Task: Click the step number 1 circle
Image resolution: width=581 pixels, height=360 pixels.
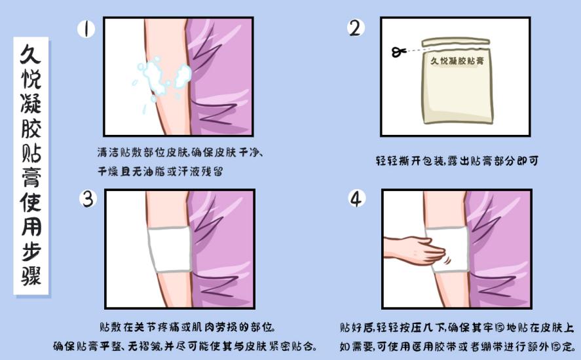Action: (x=86, y=29)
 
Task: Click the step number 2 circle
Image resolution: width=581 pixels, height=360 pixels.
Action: (x=355, y=28)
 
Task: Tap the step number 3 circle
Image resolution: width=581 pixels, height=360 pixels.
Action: (x=87, y=198)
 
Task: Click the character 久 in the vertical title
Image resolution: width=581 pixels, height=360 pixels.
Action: (x=31, y=52)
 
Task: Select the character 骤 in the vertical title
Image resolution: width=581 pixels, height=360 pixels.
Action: (x=31, y=276)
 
